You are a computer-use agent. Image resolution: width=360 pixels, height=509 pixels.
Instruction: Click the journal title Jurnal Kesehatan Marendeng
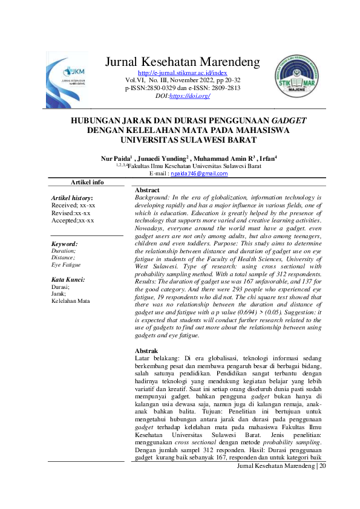182,62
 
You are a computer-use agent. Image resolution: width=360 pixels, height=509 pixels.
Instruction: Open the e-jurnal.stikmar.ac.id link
182,73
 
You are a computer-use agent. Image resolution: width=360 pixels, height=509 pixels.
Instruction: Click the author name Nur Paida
116,158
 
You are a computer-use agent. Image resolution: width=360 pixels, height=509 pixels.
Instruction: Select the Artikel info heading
87,182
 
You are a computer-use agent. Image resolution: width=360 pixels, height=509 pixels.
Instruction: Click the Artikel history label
72,198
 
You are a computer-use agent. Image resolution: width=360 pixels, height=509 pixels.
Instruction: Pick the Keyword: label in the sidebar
64,244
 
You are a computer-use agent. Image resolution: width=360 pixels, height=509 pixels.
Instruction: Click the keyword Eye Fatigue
66,265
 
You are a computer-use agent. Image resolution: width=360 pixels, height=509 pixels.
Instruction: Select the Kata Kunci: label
68,280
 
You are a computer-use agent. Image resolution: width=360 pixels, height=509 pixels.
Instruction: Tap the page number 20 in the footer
321,466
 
